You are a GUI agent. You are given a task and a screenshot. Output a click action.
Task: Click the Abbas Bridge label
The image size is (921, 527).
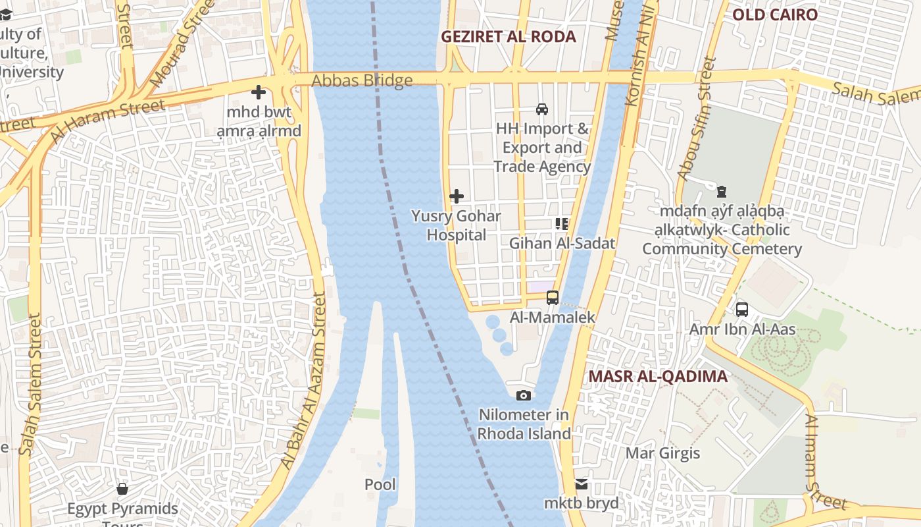tap(362, 80)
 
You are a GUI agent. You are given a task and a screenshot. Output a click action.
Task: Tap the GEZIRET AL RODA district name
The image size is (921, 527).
tap(508, 37)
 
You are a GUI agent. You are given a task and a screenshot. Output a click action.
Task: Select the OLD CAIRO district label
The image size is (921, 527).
tap(775, 14)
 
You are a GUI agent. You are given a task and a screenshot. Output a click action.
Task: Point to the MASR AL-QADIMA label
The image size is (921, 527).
tap(658, 376)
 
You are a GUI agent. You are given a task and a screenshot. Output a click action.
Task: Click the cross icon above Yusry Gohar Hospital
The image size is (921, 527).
tap(456, 196)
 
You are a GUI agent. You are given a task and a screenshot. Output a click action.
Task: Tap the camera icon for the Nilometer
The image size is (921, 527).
tap(524, 395)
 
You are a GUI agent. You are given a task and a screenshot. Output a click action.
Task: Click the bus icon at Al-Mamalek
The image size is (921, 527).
tap(552, 298)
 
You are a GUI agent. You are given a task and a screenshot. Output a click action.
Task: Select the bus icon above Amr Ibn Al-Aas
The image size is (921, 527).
tap(742, 309)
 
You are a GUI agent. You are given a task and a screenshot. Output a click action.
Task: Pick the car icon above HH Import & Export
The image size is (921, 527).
tap(542, 109)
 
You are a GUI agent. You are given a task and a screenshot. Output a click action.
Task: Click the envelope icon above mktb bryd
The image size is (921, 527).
tap(582, 484)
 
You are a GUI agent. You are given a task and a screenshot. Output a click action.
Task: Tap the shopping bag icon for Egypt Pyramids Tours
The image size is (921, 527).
tap(122, 489)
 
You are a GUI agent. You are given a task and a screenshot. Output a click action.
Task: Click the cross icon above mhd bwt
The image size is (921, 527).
tap(259, 92)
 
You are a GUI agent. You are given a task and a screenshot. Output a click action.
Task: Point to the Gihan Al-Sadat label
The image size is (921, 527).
tap(562, 243)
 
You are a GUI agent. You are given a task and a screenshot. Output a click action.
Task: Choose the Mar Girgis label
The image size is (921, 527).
tap(662, 453)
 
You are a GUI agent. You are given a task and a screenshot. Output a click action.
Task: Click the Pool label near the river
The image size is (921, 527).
tap(380, 485)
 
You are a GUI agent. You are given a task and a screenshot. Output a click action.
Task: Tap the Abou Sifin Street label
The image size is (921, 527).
tap(697, 119)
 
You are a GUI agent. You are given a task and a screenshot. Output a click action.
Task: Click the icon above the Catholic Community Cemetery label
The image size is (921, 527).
tap(722, 192)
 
